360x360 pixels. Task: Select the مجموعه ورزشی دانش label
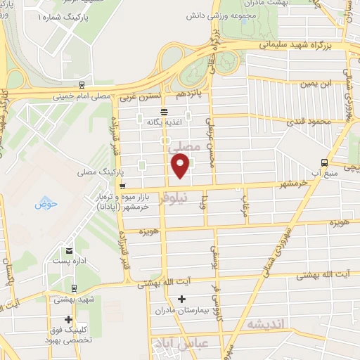[223, 13]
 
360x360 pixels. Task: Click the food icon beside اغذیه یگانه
[164, 111]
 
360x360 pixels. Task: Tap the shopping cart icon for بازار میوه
[122, 186]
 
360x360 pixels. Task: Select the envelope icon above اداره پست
[69, 250]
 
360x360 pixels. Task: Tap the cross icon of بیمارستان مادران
[182, 300]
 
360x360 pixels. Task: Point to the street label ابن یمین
[316, 84]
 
